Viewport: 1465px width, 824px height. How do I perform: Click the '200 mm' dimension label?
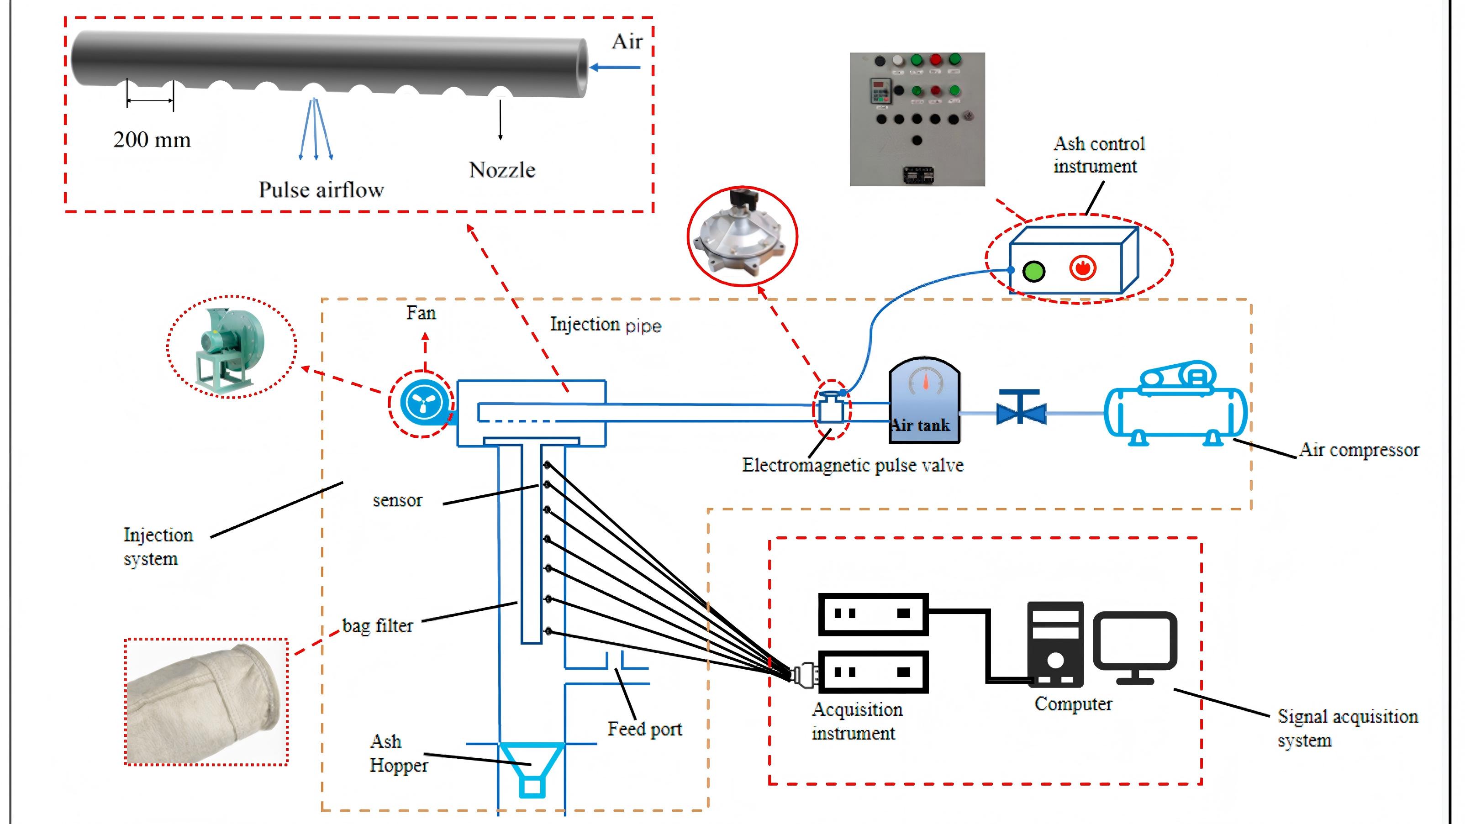point(152,140)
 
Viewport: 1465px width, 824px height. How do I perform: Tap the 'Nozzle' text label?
point(501,169)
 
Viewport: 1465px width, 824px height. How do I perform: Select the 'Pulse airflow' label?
point(321,189)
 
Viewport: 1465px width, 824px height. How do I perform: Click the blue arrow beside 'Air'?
point(615,67)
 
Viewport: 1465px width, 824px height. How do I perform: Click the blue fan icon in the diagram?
point(422,404)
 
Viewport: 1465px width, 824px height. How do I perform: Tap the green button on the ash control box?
point(1033,271)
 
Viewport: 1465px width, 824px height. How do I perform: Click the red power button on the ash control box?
point(1082,268)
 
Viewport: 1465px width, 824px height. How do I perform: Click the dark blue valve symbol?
point(1021,408)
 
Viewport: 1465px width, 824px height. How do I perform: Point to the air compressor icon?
point(1176,405)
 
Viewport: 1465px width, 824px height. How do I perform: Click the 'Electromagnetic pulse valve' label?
point(853,465)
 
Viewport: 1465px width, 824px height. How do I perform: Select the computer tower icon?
point(1055,643)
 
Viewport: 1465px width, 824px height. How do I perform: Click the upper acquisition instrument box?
point(873,614)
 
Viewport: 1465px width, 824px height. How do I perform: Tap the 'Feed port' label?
point(644,729)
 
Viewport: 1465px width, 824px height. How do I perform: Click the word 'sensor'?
point(397,500)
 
